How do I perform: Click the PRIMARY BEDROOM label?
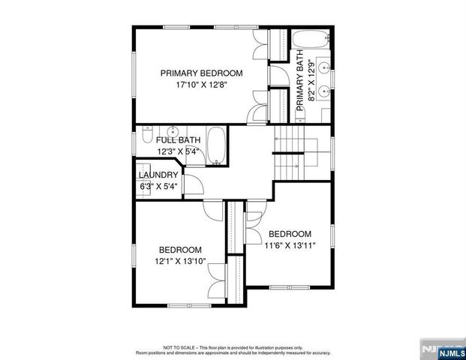click(201, 73)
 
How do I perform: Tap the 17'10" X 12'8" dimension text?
click(201, 85)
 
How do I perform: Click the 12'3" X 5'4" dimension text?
click(178, 151)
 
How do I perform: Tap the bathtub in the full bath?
click(217, 146)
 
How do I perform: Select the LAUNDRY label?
click(158, 175)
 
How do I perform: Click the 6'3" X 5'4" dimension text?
click(158, 187)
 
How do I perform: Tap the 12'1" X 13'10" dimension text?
click(180, 261)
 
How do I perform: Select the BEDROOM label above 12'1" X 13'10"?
click(180, 250)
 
